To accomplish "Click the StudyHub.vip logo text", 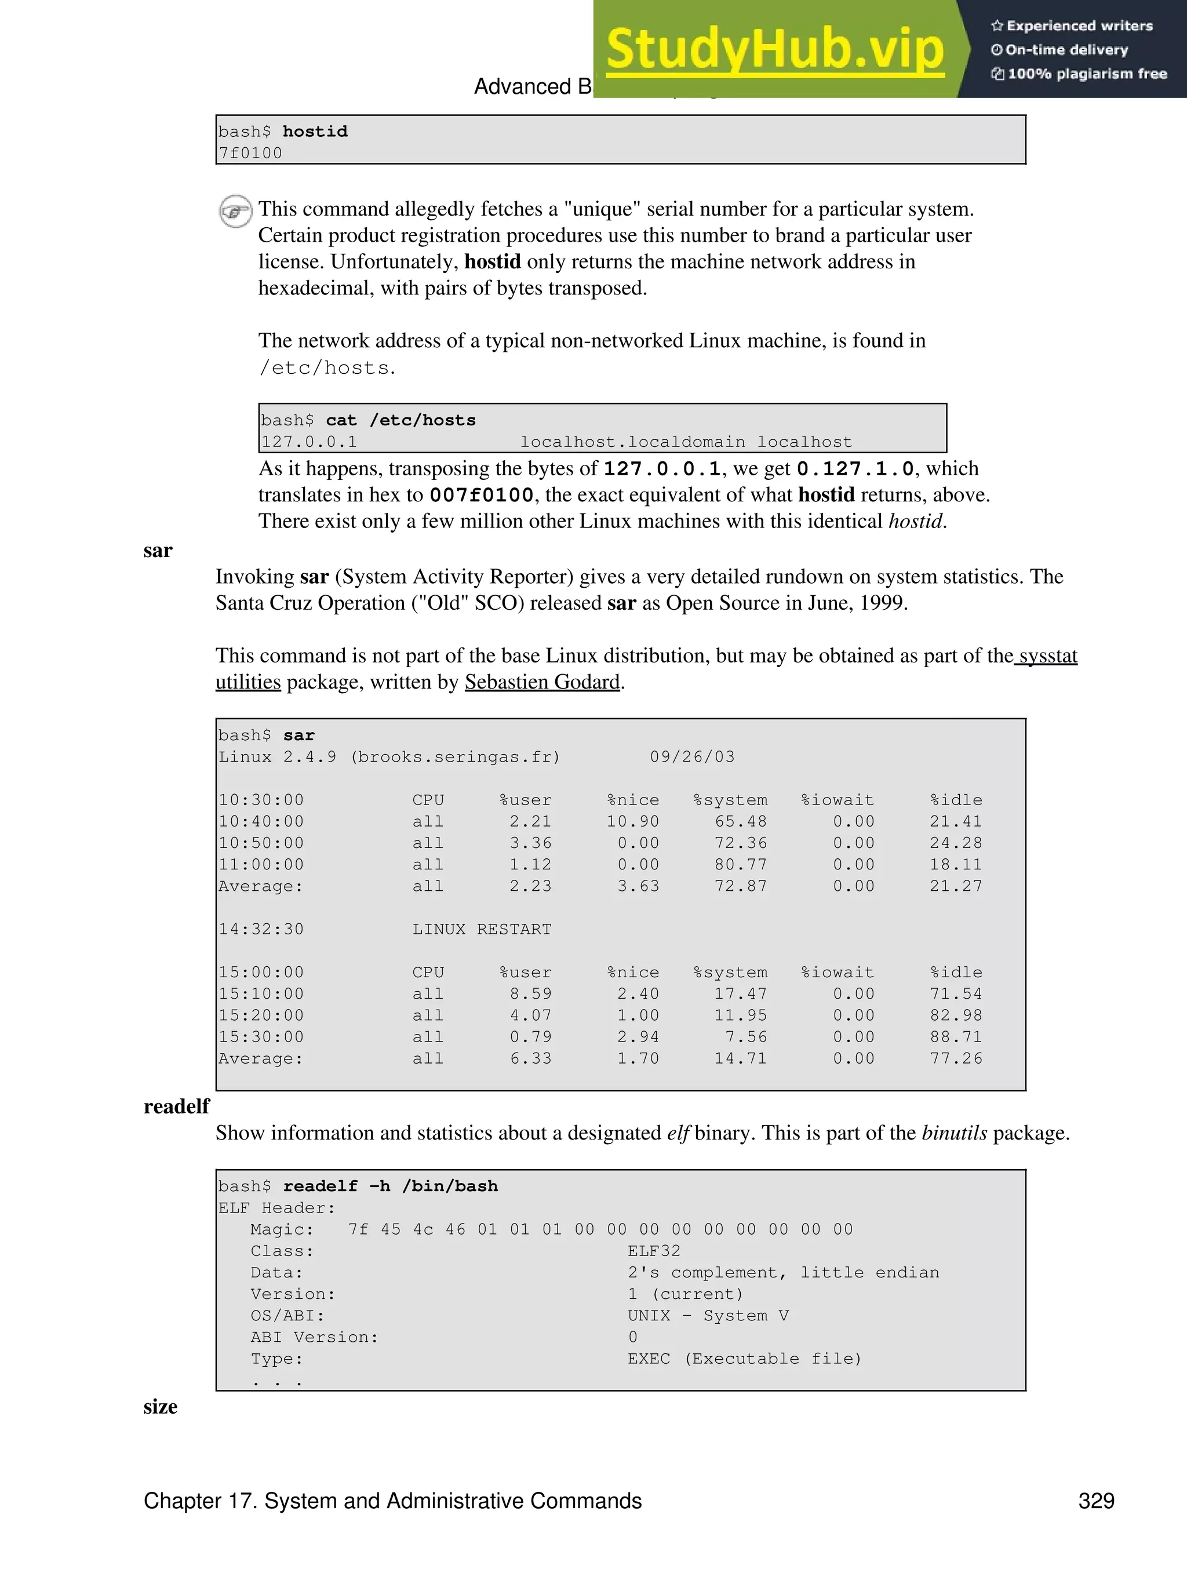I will (x=775, y=49).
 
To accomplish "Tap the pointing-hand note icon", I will (x=235, y=211).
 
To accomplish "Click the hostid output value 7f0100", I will (x=251, y=153).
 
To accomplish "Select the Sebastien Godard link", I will (x=542, y=682).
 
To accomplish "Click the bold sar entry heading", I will (x=158, y=550).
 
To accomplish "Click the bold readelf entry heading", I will (x=176, y=1106).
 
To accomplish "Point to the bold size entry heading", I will (x=160, y=1407).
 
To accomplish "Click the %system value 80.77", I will (x=741, y=864).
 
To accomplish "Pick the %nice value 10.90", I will (x=633, y=821).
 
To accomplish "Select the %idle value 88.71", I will (x=956, y=1036).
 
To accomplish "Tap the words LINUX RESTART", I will (x=482, y=929).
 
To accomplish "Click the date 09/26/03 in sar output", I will (x=692, y=756).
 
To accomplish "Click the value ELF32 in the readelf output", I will (x=654, y=1251).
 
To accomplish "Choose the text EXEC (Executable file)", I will (x=744, y=1359).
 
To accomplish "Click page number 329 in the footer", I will (x=1097, y=1501).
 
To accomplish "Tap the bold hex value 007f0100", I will (x=482, y=495).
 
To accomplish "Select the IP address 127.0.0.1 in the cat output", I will (x=310, y=442).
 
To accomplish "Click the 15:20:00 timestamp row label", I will (x=261, y=1015).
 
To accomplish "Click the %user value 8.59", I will (x=531, y=993).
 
